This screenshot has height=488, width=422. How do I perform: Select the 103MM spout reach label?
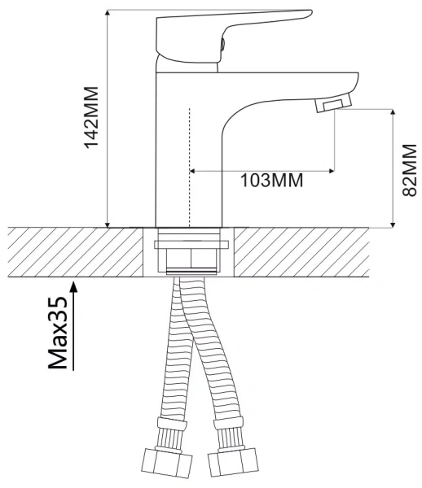click(271, 181)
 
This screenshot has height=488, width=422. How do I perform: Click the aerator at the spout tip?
click(332, 104)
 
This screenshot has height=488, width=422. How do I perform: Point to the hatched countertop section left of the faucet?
click(73, 252)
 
